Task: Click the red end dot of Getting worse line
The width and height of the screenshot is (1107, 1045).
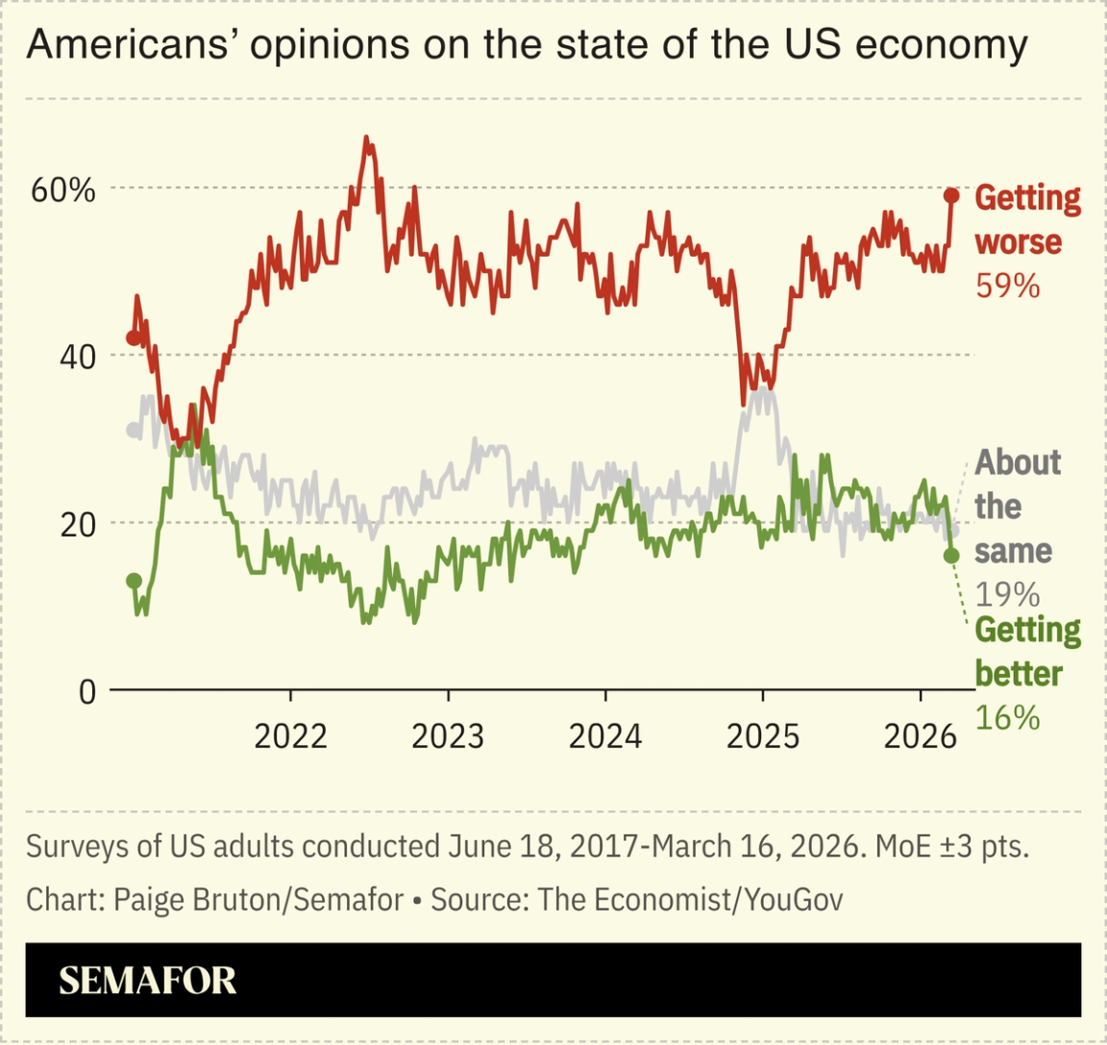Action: [x=951, y=196]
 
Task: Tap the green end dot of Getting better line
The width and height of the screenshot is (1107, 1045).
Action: [x=951, y=556]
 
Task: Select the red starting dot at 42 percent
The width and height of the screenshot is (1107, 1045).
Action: [x=134, y=337]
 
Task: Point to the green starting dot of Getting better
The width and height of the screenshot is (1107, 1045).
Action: [x=134, y=581]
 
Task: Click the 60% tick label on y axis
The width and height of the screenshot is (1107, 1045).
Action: [x=63, y=190]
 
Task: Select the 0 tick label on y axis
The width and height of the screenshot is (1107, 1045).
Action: [x=87, y=691]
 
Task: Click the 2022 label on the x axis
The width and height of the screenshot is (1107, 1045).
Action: [x=290, y=736]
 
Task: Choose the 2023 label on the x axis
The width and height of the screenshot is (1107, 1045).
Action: [x=448, y=736]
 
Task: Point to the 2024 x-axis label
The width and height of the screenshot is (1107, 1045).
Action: [x=605, y=736]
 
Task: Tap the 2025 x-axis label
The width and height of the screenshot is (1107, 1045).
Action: [x=763, y=736]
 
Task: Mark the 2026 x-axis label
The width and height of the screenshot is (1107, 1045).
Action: [x=920, y=736]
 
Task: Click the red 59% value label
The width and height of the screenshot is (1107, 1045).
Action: [x=1007, y=286]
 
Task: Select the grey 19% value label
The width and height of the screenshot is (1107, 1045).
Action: [x=1007, y=594]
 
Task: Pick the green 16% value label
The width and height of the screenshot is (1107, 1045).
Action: [x=1007, y=717]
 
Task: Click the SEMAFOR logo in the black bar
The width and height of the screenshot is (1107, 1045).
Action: [x=147, y=981]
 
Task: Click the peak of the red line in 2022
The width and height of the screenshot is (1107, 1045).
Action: [x=366, y=137]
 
